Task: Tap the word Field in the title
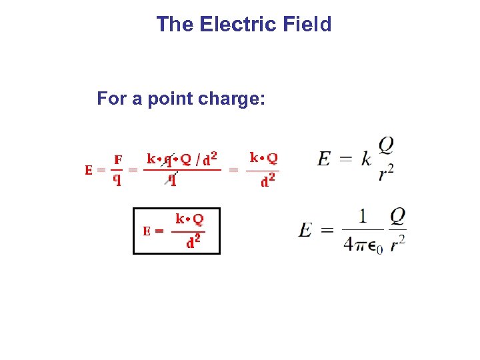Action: point(307,25)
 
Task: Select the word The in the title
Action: point(175,25)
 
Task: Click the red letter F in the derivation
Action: point(118,159)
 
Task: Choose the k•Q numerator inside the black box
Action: point(189,219)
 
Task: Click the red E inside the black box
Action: point(148,231)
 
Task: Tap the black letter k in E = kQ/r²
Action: point(366,159)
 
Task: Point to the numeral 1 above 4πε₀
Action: point(363,216)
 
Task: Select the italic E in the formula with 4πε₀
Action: point(305,230)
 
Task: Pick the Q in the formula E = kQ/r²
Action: point(386,145)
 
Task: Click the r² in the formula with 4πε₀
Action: point(398,244)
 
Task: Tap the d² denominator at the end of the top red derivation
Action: point(269,180)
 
